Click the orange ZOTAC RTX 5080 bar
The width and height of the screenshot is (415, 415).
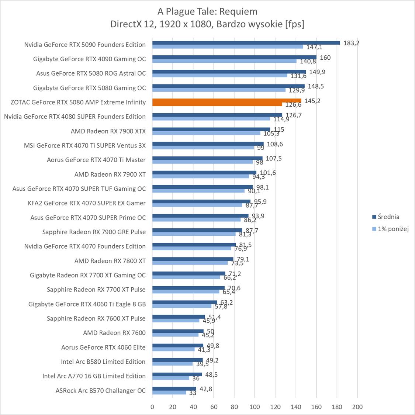(x=226, y=101)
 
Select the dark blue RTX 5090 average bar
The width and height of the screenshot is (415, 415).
(x=246, y=43)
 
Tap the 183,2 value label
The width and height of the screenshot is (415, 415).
(x=351, y=43)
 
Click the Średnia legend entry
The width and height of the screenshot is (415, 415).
(x=388, y=217)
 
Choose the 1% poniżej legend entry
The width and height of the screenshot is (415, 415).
(x=393, y=229)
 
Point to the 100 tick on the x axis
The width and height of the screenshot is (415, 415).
(x=255, y=407)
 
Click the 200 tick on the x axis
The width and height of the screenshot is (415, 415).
(x=357, y=407)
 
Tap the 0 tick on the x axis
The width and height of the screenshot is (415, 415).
(x=152, y=407)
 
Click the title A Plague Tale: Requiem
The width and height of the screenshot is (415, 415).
(x=207, y=11)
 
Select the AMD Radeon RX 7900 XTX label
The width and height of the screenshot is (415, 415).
(x=108, y=131)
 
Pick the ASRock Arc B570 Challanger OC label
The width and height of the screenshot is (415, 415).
(x=101, y=390)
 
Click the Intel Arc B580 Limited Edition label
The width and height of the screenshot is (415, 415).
(x=103, y=362)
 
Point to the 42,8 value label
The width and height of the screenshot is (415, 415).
(x=205, y=389)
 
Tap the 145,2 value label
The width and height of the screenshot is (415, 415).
(x=312, y=101)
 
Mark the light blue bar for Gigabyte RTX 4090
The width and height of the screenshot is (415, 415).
(x=224, y=61)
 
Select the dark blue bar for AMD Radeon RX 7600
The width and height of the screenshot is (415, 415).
(x=178, y=331)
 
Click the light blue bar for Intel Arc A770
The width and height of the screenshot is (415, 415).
(x=171, y=378)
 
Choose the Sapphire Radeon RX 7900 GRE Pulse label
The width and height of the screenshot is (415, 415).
(x=94, y=232)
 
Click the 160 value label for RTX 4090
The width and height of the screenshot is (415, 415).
(x=325, y=58)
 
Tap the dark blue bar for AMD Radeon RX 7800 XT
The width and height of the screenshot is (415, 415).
(x=193, y=259)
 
